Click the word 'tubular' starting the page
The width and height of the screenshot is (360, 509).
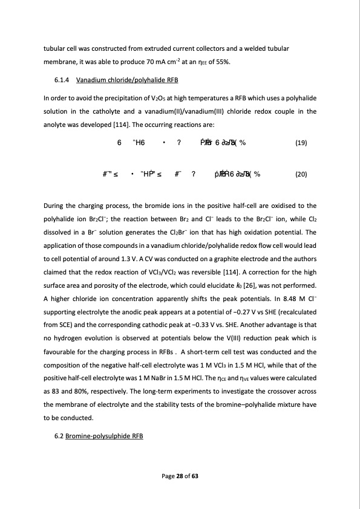(54, 48)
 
